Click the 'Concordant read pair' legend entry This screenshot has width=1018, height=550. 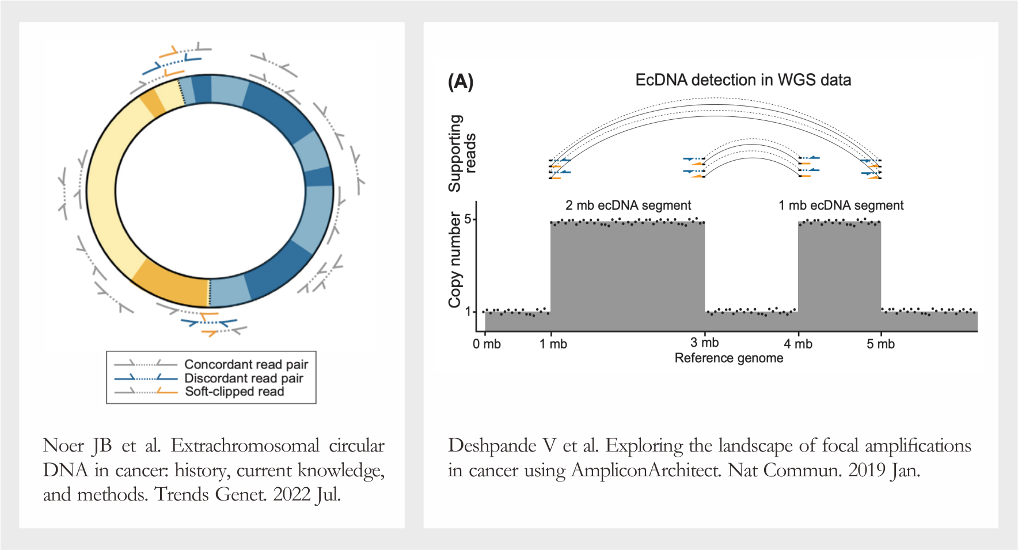tap(246, 364)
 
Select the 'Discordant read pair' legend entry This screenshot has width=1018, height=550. tap(243, 378)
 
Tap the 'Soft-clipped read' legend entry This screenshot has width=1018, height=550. tap(234, 392)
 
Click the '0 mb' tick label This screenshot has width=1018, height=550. tap(487, 344)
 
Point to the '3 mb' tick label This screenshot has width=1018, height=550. tap(705, 343)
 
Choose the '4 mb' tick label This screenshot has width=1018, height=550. tap(798, 344)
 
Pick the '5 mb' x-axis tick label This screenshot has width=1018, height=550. tap(880, 344)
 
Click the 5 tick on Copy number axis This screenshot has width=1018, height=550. tap(468, 219)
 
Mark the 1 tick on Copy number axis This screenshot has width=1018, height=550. tap(468, 312)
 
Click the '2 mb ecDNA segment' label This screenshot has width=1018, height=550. tap(628, 206)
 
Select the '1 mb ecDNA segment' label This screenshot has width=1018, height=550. tap(841, 206)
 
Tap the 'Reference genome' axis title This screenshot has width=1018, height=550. tap(728, 358)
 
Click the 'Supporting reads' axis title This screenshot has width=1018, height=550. tap(462, 153)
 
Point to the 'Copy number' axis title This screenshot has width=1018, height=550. tap(455, 259)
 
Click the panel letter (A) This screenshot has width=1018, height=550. tap(461, 82)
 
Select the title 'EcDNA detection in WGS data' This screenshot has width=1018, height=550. tap(743, 80)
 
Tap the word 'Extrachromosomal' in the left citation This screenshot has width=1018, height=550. tap(245, 446)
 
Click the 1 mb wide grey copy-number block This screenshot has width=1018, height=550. tap(839, 276)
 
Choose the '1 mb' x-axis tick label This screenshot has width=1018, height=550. tap(553, 344)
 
